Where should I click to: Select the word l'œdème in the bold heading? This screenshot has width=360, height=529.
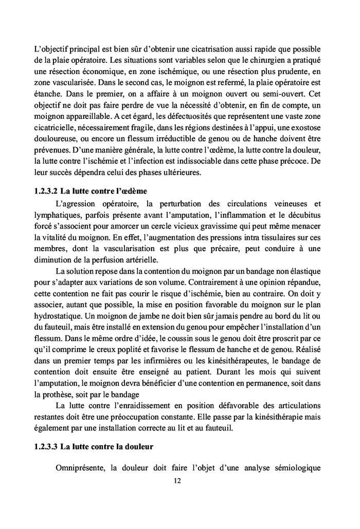coord(133,190)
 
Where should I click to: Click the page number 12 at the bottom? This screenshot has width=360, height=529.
coord(180,481)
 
